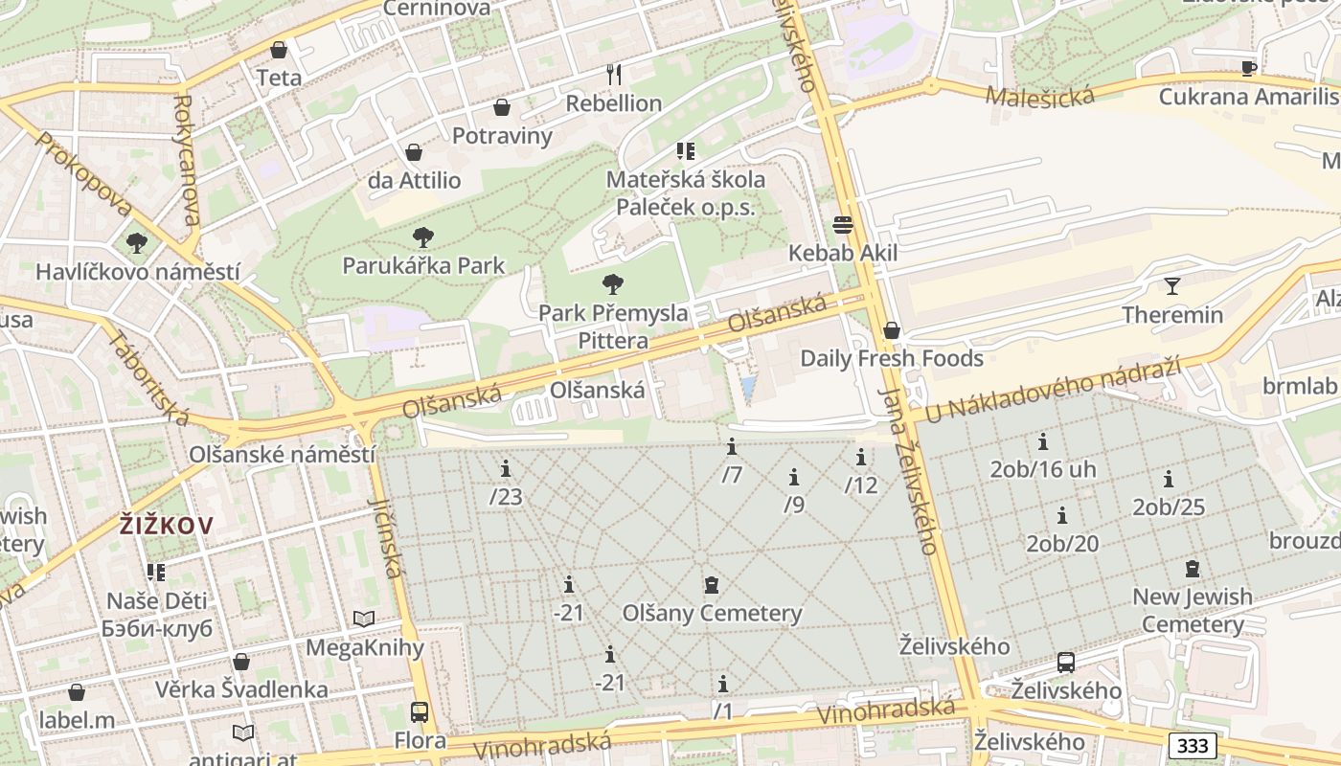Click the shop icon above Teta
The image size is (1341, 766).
coord(279,49)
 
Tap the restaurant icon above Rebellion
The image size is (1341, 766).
coord(614,74)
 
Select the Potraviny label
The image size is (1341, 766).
coord(502,135)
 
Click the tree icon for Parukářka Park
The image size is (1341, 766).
coord(422,237)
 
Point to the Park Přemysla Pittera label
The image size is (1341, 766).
coord(613,327)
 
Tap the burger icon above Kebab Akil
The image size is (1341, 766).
coord(843,225)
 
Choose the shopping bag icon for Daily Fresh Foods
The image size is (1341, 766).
coord(892,330)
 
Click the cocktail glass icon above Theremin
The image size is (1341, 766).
coord(1171,285)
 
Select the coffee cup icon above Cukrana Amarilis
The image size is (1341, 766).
coord(1248,68)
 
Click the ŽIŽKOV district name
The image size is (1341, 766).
coord(166,525)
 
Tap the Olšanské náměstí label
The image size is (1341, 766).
coord(282,454)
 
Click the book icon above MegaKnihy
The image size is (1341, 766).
coord(364,620)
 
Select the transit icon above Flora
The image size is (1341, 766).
coord(420,711)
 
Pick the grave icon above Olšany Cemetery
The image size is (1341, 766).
coord(712,584)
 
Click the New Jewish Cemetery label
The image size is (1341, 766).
coord(1193,610)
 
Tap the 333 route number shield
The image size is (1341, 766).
coord(1193,745)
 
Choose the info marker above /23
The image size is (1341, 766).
coord(505,468)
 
